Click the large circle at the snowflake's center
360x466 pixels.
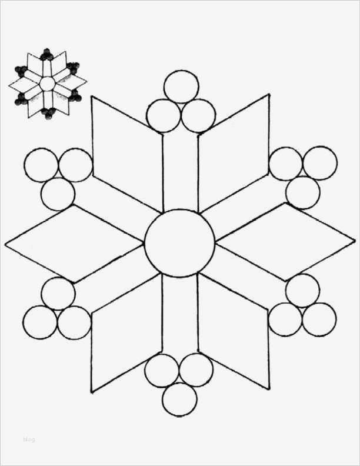(x=179, y=242)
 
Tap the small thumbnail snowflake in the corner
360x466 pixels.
(x=47, y=84)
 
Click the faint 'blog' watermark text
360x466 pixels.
(x=29, y=438)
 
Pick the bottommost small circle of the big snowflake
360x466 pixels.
(x=179, y=399)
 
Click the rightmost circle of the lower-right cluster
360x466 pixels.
(x=318, y=319)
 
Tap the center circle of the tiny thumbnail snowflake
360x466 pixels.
(x=46, y=84)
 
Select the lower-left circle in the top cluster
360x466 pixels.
(x=163, y=115)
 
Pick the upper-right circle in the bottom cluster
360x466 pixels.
(x=196, y=370)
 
